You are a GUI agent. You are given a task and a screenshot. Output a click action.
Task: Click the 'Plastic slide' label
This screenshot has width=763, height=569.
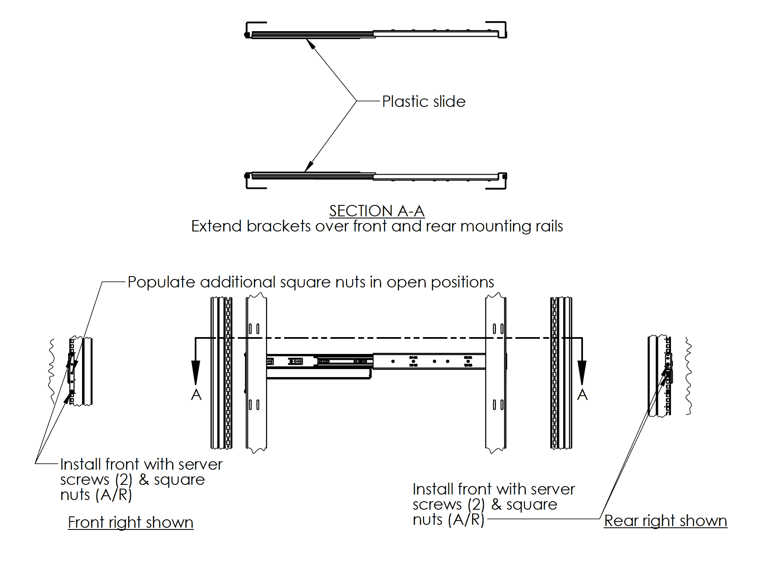click(424, 101)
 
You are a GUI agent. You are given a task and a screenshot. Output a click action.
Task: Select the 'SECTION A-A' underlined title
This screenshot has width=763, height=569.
click(376, 210)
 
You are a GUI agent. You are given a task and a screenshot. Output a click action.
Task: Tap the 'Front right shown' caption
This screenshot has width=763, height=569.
click(130, 522)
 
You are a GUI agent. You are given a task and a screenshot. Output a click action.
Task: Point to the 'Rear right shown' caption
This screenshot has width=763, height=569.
click(665, 521)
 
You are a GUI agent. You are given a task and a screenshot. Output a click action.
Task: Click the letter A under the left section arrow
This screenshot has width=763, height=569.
click(196, 395)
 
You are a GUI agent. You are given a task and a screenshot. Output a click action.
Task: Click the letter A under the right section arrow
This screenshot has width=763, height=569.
click(582, 395)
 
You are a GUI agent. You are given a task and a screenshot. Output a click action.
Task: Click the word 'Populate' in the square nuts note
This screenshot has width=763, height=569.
click(161, 282)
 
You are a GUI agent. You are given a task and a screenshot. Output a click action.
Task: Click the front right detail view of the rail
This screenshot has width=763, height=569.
click(79, 371)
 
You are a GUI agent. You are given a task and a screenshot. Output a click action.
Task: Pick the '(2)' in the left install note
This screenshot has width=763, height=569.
click(124, 480)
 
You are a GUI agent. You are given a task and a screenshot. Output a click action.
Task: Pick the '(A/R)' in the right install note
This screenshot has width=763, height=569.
click(466, 520)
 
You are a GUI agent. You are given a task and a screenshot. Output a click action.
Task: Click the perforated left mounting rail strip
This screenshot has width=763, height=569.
click(228, 373)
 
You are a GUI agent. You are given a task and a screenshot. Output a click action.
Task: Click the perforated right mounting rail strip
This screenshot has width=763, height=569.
click(554, 373)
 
